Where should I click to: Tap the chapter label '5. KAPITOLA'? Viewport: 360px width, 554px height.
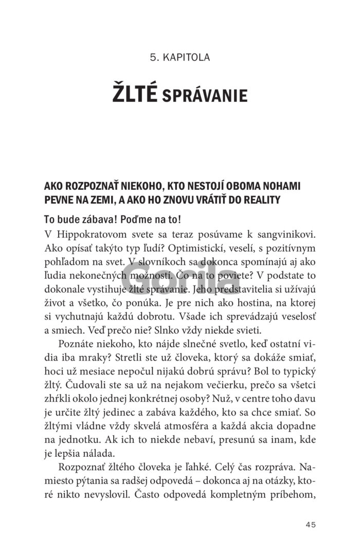tap(180, 57)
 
